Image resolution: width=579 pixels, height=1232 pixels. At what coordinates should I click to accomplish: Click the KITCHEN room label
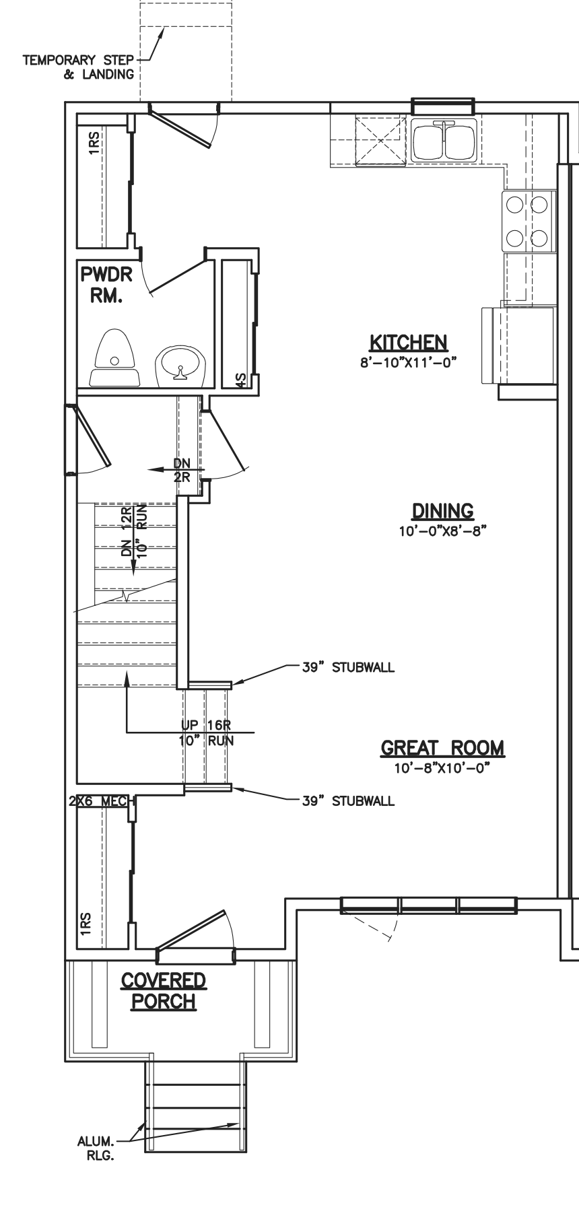(x=409, y=342)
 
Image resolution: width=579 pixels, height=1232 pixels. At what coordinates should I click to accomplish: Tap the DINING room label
(x=442, y=511)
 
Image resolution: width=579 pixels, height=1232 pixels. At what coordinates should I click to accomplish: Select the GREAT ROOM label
(x=442, y=748)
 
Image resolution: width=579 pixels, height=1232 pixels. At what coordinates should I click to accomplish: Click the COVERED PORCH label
(x=164, y=991)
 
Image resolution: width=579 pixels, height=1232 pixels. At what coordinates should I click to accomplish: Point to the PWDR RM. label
(x=106, y=285)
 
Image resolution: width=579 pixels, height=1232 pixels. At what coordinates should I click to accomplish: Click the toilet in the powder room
(x=115, y=357)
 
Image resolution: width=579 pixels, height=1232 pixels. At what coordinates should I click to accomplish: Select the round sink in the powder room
(x=180, y=366)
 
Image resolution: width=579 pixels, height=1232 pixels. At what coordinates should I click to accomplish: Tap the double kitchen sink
(x=444, y=140)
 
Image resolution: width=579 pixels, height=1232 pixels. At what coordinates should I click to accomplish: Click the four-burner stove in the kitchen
(x=529, y=221)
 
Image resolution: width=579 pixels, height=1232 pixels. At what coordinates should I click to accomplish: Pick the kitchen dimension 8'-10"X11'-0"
(x=409, y=362)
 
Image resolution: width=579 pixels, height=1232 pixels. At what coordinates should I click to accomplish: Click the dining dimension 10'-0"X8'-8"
(x=442, y=531)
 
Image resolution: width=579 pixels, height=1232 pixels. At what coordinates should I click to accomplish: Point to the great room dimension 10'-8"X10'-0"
(x=442, y=768)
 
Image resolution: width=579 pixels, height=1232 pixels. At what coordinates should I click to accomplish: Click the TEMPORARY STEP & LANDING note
(x=79, y=67)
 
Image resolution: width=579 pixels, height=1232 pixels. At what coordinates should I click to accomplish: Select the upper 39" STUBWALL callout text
(x=348, y=668)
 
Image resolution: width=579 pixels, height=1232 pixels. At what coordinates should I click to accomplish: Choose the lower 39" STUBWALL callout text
(x=348, y=800)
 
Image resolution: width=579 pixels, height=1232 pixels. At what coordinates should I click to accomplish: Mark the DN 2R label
(x=182, y=471)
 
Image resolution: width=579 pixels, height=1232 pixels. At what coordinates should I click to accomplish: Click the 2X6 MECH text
(x=101, y=801)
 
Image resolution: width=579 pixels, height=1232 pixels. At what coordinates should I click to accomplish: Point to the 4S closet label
(x=241, y=380)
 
